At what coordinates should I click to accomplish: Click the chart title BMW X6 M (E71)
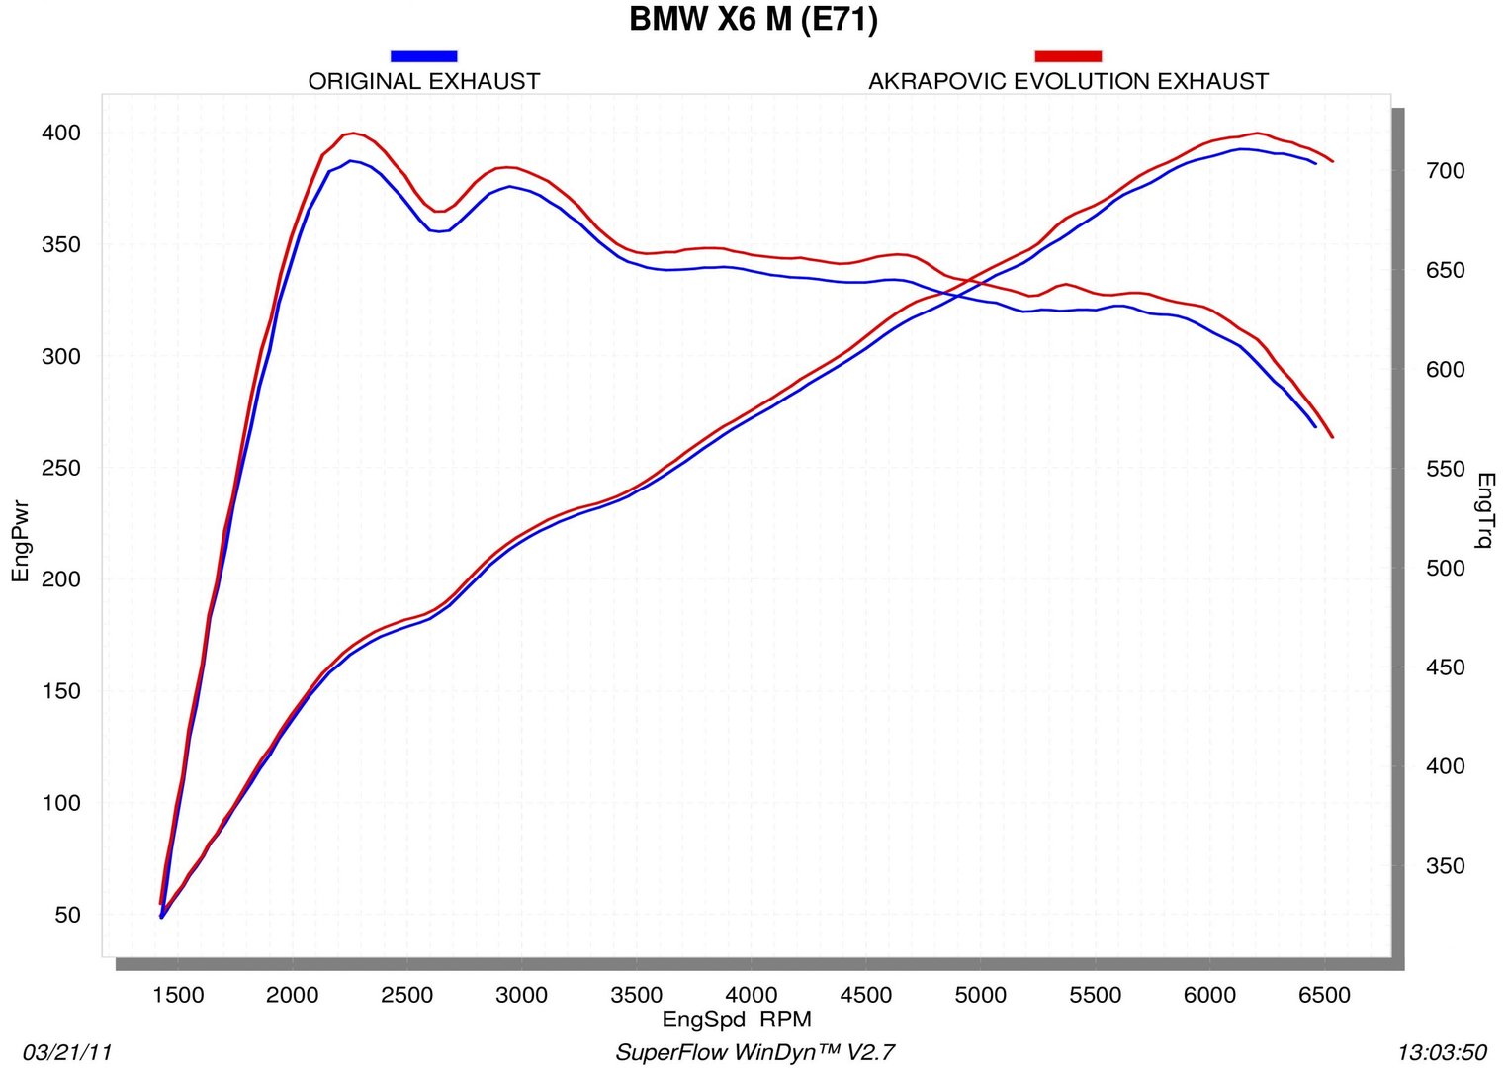[753, 20]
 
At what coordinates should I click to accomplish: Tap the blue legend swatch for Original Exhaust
[423, 56]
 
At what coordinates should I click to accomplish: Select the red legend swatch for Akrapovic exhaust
[1068, 56]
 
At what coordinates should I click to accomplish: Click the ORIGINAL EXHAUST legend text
[424, 81]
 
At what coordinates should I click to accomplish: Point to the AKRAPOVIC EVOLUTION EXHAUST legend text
[1068, 81]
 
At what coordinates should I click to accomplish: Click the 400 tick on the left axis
[60, 133]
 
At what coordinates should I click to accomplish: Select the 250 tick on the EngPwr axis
[60, 468]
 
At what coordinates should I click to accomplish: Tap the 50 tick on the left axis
[67, 915]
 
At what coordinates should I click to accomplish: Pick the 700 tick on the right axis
[1445, 171]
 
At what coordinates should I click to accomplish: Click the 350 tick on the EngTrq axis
[1445, 866]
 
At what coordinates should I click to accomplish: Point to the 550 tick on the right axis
[1445, 469]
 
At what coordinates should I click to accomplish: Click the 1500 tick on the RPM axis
[178, 995]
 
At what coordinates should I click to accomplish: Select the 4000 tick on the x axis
[752, 995]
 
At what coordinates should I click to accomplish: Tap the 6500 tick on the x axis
[1324, 995]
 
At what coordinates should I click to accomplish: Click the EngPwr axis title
[21, 542]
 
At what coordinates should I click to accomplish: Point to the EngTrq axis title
[1485, 509]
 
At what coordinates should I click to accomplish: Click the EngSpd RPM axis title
[737, 1020]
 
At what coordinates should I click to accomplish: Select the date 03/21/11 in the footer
[67, 1052]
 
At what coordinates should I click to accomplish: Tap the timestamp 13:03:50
[1442, 1052]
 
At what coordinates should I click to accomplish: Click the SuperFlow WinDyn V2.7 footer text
[754, 1052]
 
